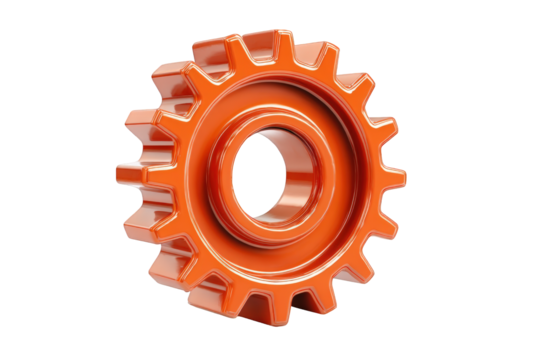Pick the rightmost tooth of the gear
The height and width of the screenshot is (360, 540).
393,177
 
